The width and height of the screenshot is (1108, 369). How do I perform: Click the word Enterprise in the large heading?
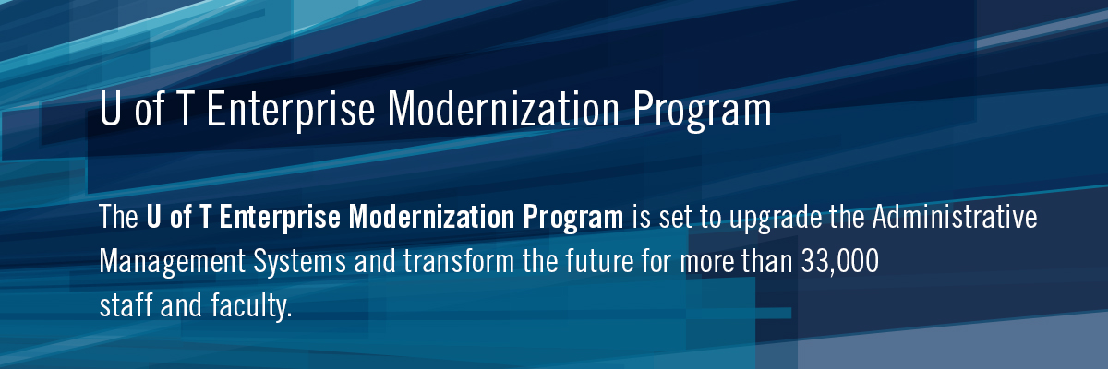click(x=291, y=110)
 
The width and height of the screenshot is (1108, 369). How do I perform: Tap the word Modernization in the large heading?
click(x=503, y=109)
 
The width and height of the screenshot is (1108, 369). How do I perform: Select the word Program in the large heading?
click(x=702, y=111)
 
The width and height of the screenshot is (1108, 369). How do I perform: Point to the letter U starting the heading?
click(x=110, y=108)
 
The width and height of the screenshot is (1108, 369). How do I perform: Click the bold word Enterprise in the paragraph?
click(x=280, y=218)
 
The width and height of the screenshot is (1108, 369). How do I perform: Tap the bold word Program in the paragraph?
click(x=573, y=218)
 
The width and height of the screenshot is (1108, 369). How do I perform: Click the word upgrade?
click(x=776, y=218)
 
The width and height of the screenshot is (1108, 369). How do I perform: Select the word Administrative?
click(x=955, y=217)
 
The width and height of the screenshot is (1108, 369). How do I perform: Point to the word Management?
click(x=172, y=262)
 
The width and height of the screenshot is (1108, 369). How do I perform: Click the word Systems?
click(x=300, y=262)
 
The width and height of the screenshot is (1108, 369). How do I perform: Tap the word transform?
click(x=459, y=261)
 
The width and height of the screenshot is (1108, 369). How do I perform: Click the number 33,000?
click(x=840, y=262)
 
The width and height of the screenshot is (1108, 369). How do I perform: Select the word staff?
click(x=126, y=304)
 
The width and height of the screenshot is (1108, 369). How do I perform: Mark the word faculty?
click(x=251, y=306)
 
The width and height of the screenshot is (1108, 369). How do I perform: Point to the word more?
click(x=707, y=264)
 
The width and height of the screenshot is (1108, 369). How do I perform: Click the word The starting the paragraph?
click(x=119, y=217)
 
